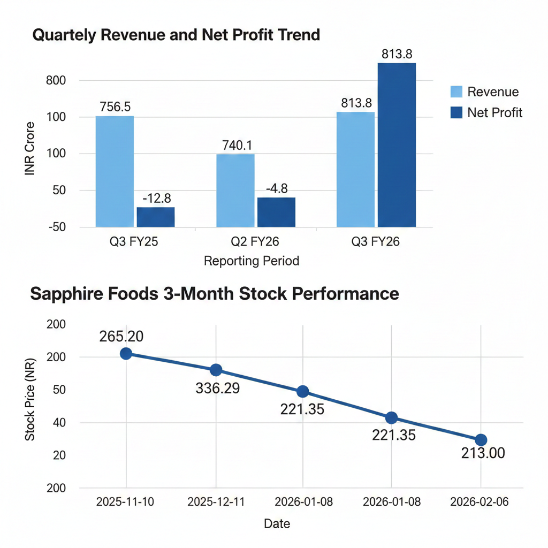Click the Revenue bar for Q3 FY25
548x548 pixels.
click(115, 171)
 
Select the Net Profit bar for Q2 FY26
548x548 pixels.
click(276, 212)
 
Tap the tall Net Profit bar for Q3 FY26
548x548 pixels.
click(397, 144)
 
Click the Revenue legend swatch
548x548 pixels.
click(456, 92)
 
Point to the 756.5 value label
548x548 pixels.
click(115, 106)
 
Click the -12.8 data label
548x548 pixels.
click(156, 199)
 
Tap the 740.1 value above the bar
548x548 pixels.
click(235, 145)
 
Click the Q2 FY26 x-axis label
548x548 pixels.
click(255, 242)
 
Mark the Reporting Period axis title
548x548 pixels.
click(252, 261)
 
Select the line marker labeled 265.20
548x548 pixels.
click(126, 353)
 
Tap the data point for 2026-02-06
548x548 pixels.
click(481, 440)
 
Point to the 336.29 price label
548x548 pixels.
click(218, 388)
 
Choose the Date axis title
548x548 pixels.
click(277, 523)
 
